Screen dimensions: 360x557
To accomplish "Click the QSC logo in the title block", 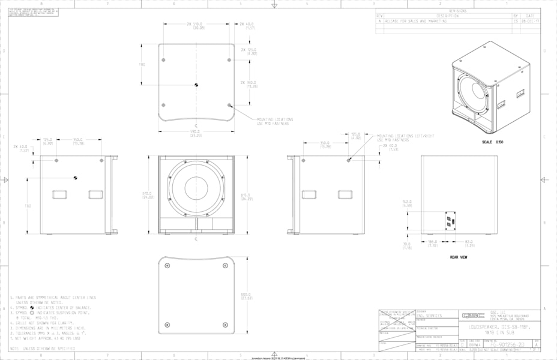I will click(470, 314).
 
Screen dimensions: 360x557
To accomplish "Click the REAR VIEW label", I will click(459, 257).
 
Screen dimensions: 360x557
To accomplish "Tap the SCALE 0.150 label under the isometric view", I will click(492, 142).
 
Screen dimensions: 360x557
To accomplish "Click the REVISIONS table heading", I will click(457, 11).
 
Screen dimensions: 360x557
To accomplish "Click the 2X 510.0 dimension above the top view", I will click(196, 26).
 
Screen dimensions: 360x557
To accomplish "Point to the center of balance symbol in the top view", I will click(196, 84).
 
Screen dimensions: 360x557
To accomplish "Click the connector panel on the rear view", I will click(449, 220).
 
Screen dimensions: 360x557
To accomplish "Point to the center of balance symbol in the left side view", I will click(75, 177).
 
